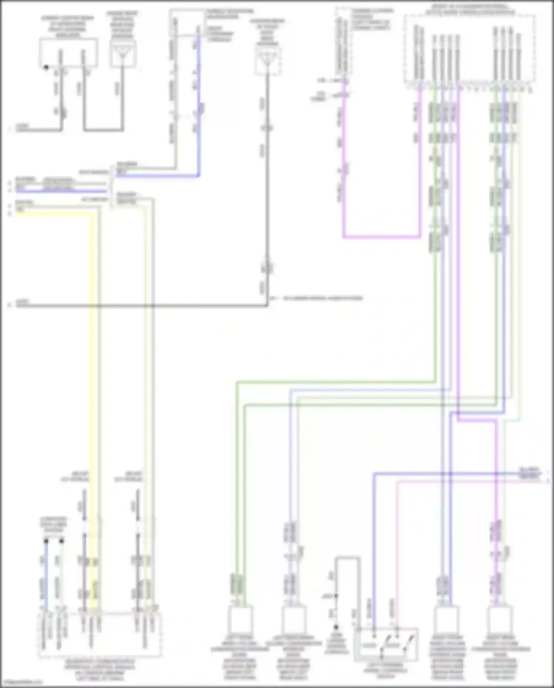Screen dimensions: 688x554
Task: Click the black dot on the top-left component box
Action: pos(46,67)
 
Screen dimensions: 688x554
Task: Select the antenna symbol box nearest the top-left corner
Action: pos(123,54)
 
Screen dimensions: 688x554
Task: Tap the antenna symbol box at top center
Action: pos(268,61)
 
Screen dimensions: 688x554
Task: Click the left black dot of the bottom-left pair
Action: pos(46,541)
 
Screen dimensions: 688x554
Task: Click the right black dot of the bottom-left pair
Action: pos(62,541)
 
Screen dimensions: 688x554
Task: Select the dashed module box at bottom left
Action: pos(100,634)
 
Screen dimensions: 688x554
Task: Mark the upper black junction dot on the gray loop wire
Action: pos(336,596)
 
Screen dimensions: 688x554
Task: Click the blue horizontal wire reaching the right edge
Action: pos(458,474)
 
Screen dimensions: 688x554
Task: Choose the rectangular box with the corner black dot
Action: pos(69,52)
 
